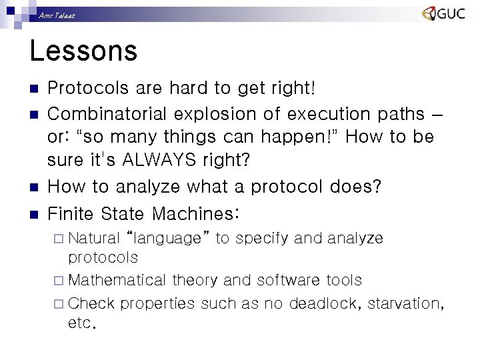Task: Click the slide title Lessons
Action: click(x=83, y=51)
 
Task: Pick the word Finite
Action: click(x=71, y=213)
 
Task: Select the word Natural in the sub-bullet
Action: click(x=94, y=238)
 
